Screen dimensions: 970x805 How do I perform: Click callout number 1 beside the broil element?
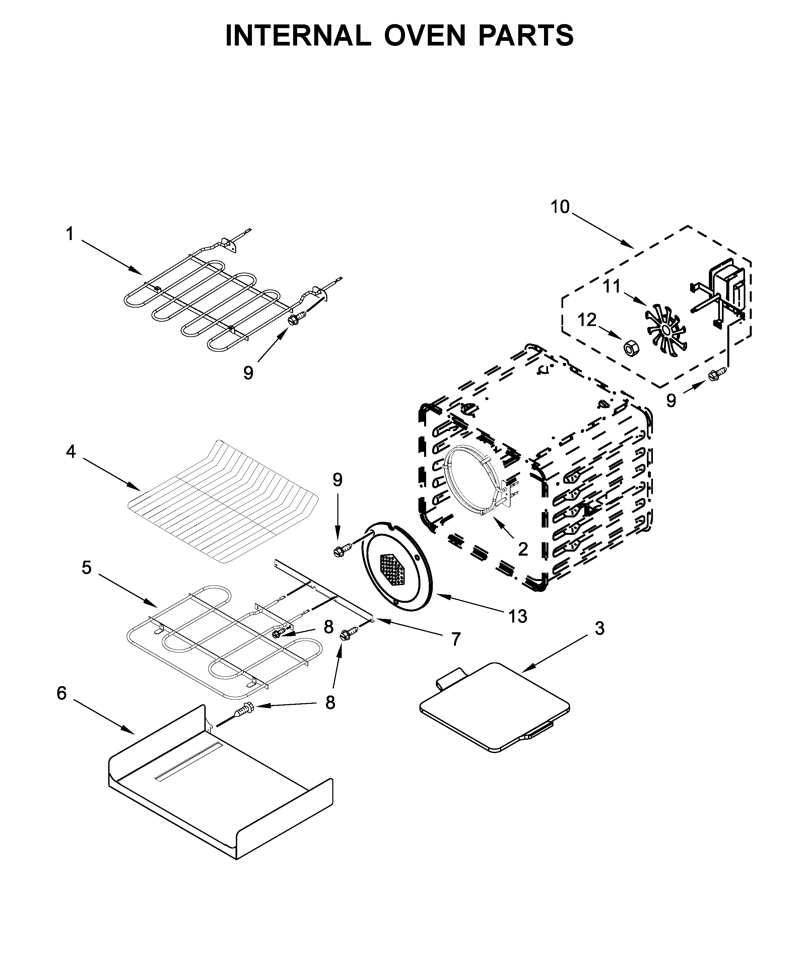tap(70, 234)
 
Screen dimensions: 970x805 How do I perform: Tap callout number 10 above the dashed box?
tap(559, 207)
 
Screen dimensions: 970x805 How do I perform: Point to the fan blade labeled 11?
tap(666, 328)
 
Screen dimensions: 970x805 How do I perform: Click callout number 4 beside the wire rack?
tap(71, 451)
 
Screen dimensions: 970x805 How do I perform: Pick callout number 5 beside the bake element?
tap(86, 568)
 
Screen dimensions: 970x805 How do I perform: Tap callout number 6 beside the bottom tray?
tap(62, 693)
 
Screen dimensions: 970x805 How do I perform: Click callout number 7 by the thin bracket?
tap(456, 639)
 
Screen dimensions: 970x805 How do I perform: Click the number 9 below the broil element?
tap(248, 373)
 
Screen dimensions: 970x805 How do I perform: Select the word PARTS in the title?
tap(526, 35)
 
